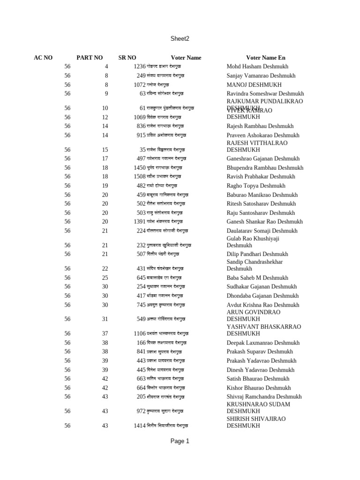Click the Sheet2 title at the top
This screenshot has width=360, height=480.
[x=180, y=39]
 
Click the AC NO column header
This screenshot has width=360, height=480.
[x=43, y=58]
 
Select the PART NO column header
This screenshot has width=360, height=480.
[x=90, y=58]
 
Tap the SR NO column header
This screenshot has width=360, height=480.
[x=127, y=58]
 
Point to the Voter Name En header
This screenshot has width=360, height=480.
[x=265, y=58]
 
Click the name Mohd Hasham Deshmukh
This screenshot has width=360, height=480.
[x=257, y=67]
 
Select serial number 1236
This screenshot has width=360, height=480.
[x=139, y=67]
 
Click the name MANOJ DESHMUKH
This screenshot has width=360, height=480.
[x=254, y=85]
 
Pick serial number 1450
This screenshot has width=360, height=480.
[x=139, y=168]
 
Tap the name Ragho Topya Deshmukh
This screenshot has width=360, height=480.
[x=256, y=186]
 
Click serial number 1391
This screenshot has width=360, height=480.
[x=139, y=222]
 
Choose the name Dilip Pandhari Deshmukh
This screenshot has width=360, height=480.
[x=257, y=254]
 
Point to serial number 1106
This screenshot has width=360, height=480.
[x=139, y=334]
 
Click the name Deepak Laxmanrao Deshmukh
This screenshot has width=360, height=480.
[x=263, y=343]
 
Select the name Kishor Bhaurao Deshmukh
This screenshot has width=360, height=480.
[x=259, y=388]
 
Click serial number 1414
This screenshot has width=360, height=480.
[x=139, y=426]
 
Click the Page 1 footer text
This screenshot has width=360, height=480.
[x=180, y=441]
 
